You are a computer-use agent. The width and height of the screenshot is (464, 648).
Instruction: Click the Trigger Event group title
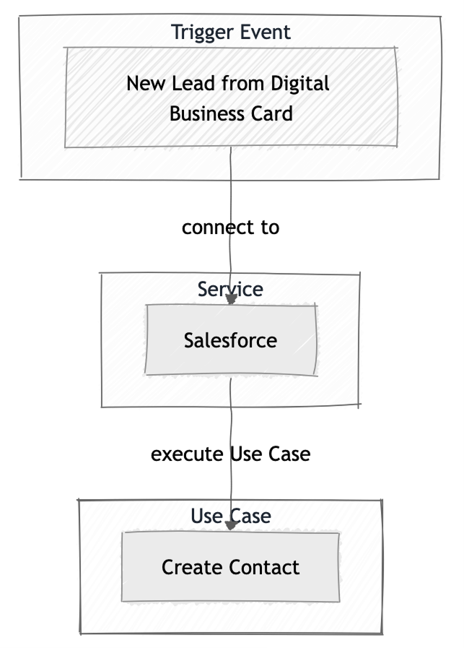(230, 33)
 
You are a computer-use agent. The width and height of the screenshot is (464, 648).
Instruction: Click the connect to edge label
(230, 228)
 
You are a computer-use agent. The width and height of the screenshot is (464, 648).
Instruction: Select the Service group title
(230, 290)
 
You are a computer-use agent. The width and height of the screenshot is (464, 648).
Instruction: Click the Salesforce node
(230, 340)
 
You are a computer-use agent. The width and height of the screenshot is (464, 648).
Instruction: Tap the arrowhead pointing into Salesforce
(231, 299)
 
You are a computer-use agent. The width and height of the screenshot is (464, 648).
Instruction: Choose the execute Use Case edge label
(230, 454)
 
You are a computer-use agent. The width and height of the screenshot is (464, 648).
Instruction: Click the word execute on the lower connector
(188, 454)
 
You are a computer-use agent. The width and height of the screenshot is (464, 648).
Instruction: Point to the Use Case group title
(230, 517)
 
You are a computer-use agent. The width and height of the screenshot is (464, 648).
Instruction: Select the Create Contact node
(230, 567)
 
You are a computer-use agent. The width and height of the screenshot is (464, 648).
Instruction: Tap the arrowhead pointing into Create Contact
(231, 526)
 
